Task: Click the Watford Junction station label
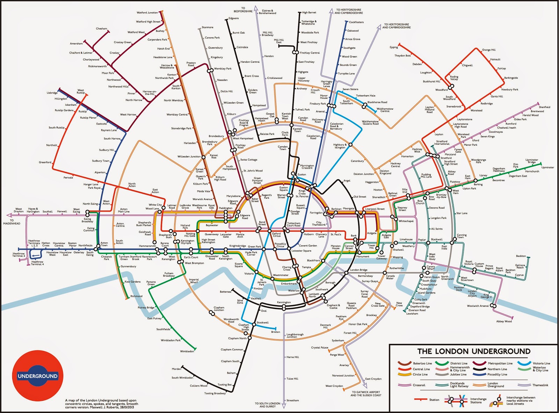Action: [x=147, y=13]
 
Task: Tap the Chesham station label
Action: [x=101, y=29]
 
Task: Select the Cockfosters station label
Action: [x=356, y=22]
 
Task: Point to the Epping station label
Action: [x=394, y=47]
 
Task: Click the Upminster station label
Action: [x=547, y=167]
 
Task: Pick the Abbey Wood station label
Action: [x=504, y=321]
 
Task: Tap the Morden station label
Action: [x=176, y=369]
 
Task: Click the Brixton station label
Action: [x=275, y=332]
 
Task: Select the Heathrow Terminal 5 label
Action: [x=19, y=255]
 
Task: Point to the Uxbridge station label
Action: [x=52, y=93]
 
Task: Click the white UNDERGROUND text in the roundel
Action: [x=38, y=376]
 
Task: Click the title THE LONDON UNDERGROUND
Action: [x=474, y=351]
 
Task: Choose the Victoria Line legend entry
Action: [x=541, y=363]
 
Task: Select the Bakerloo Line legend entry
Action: [x=422, y=363]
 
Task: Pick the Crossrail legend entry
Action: [x=419, y=385]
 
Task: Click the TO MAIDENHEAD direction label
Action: [x=12, y=222]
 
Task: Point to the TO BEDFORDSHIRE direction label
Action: [x=243, y=10]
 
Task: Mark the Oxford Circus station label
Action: [x=276, y=235]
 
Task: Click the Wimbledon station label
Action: [x=187, y=351]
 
